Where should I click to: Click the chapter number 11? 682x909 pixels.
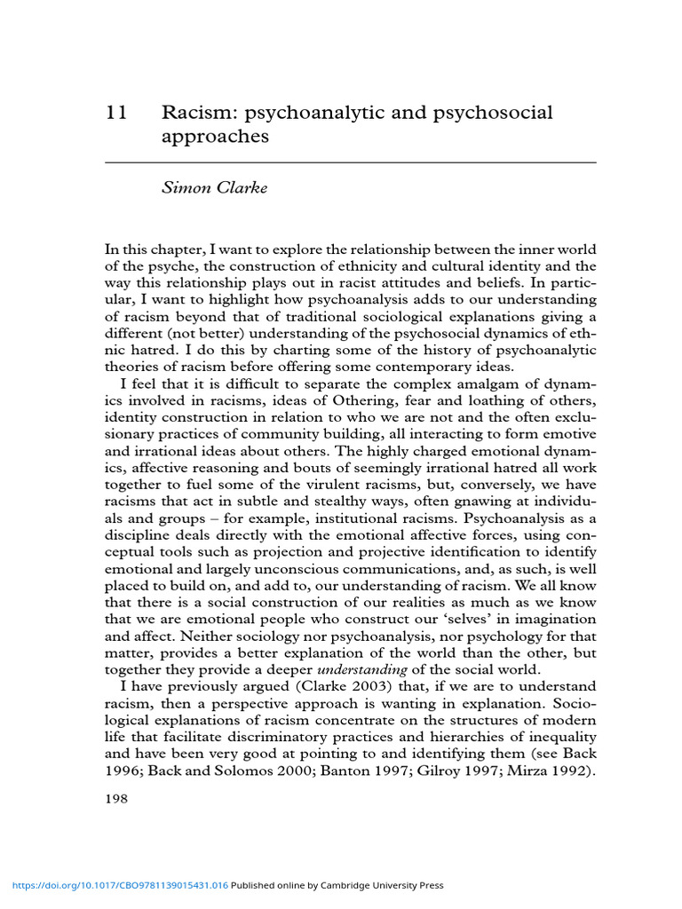pos(116,114)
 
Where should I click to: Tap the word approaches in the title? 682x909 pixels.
pos(215,138)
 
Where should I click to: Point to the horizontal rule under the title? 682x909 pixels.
pos(337,163)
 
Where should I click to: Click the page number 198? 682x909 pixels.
pos(117,799)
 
